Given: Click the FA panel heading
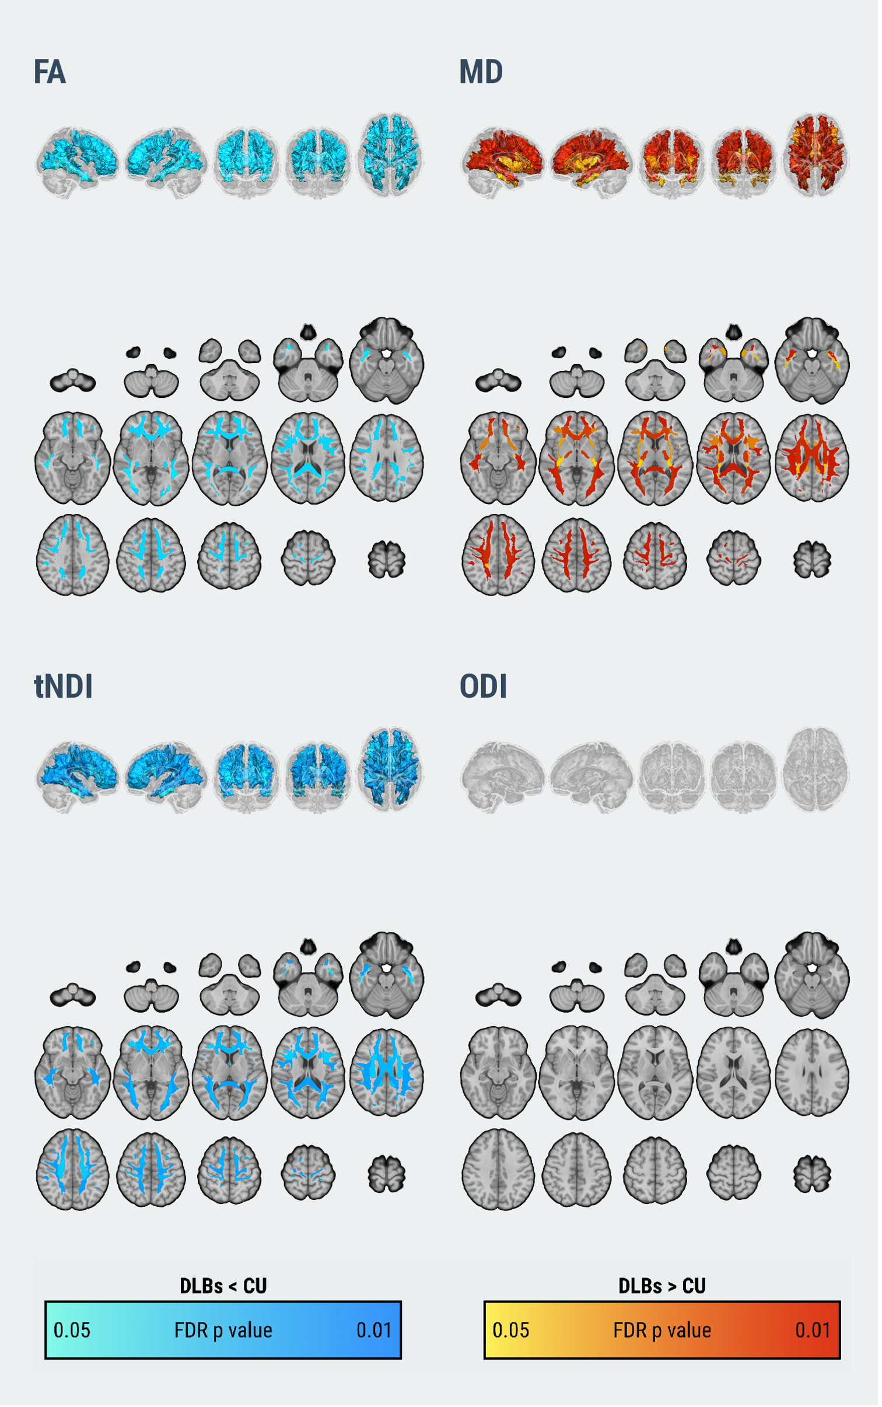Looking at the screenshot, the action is pyautogui.click(x=50, y=72).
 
